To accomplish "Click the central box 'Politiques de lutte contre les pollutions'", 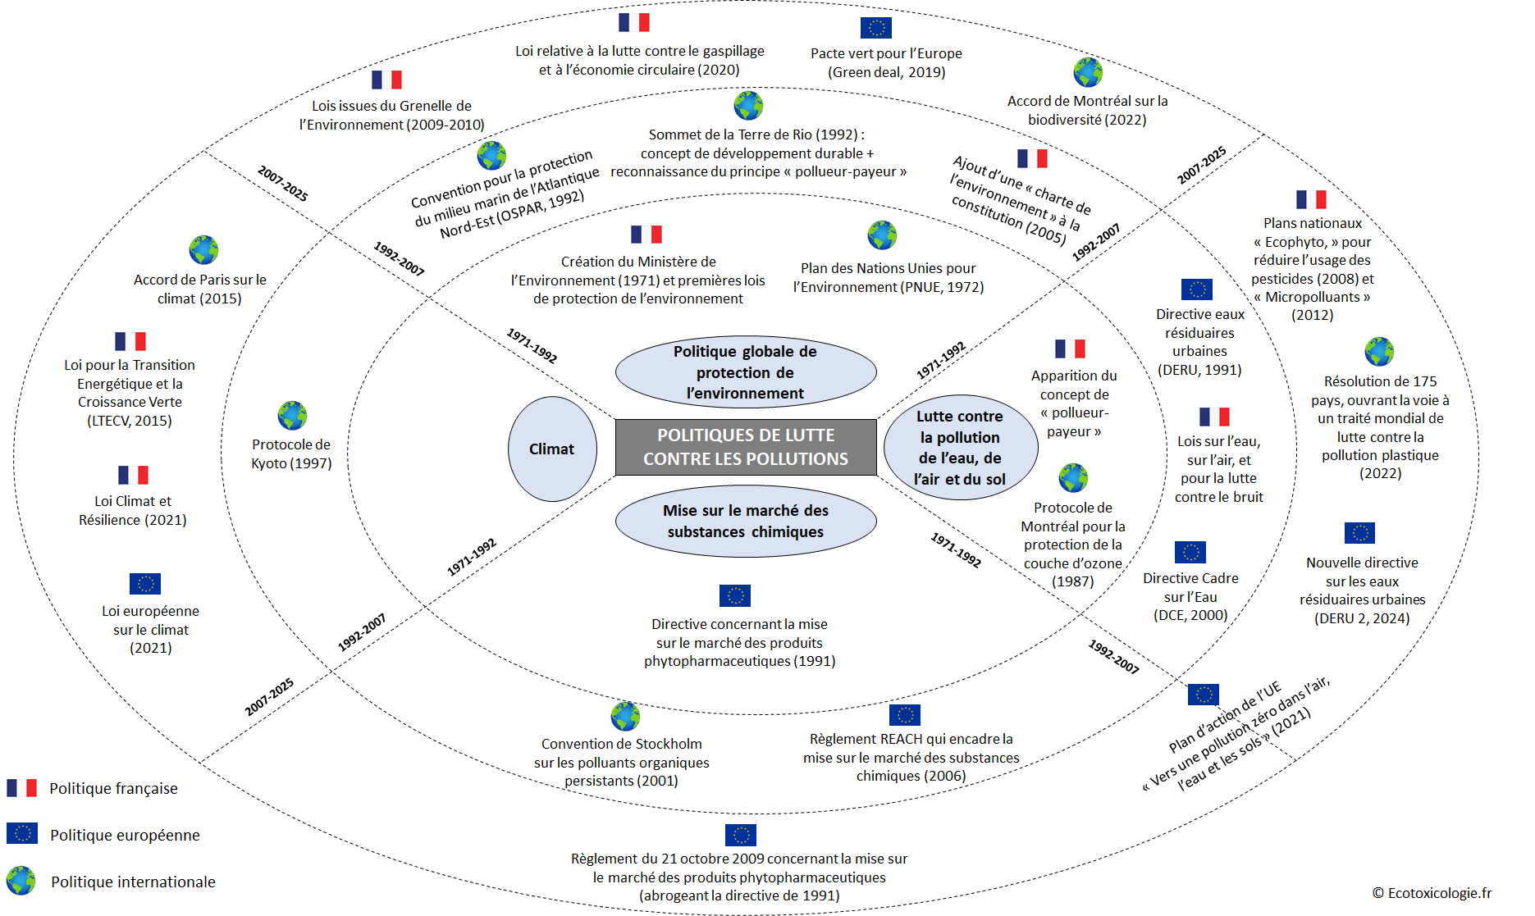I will (746, 447).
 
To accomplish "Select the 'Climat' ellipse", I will (552, 449).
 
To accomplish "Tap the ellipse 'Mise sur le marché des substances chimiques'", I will (746, 521).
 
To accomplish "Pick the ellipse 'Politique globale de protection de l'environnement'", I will (746, 371).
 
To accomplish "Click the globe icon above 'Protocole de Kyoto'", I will (292, 416).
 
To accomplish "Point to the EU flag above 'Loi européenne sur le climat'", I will (145, 583).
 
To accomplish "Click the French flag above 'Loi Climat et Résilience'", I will (133, 475).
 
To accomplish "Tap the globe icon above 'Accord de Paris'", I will (203, 250).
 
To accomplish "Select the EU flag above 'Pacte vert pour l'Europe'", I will (875, 28).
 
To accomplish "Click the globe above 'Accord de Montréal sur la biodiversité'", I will (1088, 73).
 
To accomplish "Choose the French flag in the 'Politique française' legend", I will (21, 788).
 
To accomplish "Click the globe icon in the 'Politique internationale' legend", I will (21, 881).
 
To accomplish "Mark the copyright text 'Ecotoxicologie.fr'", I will (1432, 893).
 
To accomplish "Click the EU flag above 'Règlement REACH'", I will (904, 715).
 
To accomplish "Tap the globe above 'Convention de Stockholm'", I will (625, 716).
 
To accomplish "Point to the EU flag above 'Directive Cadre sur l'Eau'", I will (1190, 552).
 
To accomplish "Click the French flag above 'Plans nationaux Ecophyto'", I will (1311, 199).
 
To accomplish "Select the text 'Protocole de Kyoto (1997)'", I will (291, 453).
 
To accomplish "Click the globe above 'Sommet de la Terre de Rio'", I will (748, 106).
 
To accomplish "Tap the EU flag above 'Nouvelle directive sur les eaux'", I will (1359, 533).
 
